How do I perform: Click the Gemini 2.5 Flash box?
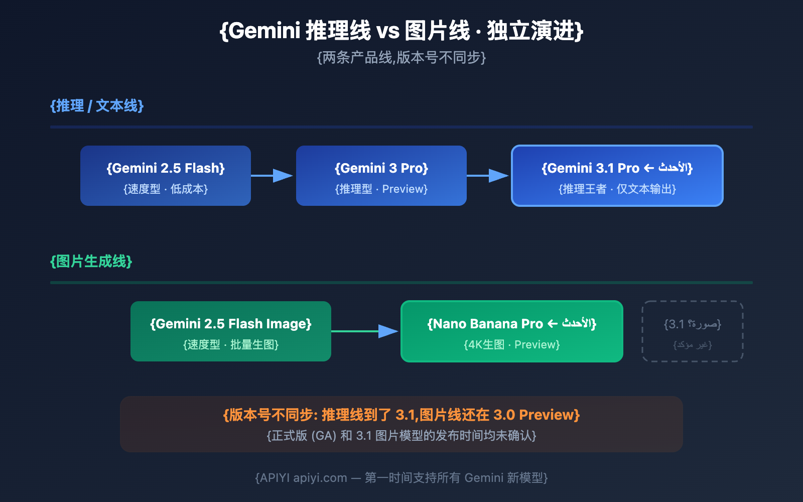pyautogui.click(x=166, y=176)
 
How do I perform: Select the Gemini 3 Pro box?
pyautogui.click(x=381, y=176)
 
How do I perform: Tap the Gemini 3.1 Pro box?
pyautogui.click(x=617, y=176)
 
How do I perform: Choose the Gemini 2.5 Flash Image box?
pyautogui.click(x=231, y=331)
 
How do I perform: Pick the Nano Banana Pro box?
pyautogui.click(x=512, y=331)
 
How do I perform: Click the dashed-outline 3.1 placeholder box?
pyautogui.click(x=693, y=331)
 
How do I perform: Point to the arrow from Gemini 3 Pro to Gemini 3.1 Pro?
pyautogui.click(x=487, y=176)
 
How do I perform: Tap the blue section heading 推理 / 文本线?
pyautogui.click(x=97, y=106)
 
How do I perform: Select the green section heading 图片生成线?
pyautogui.click(x=91, y=262)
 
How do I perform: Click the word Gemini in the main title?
pyautogui.click(x=264, y=31)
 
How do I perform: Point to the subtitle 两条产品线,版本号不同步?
pyautogui.click(x=401, y=58)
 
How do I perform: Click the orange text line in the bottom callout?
pyautogui.click(x=401, y=415)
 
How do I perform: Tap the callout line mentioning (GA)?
pyautogui.click(x=401, y=435)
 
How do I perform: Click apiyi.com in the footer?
pyautogui.click(x=320, y=477)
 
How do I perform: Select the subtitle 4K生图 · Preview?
pyautogui.click(x=512, y=345)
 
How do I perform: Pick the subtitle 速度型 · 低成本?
pyautogui.click(x=166, y=189)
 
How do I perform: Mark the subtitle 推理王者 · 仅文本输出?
pyautogui.click(x=617, y=189)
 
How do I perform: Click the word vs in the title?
pyautogui.click(x=387, y=31)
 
